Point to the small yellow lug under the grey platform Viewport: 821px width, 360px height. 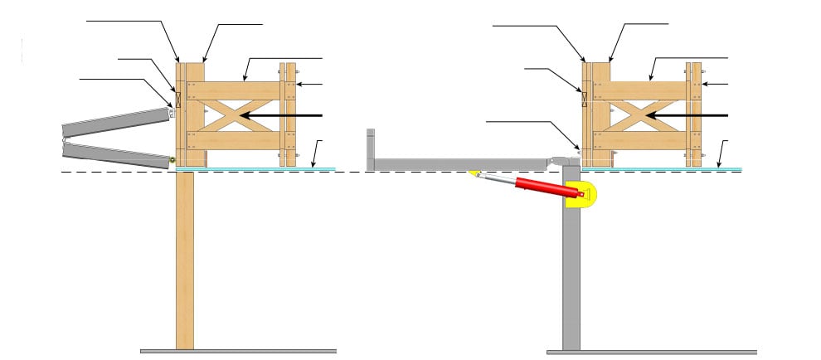[x=475, y=173]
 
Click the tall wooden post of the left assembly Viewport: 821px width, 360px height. [x=184, y=257]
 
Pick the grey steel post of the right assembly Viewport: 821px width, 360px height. [x=571, y=274]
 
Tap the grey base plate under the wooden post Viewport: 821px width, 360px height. [x=238, y=351]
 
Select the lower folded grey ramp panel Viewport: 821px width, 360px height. [x=116, y=154]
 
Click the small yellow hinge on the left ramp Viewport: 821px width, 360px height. [x=172, y=159]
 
